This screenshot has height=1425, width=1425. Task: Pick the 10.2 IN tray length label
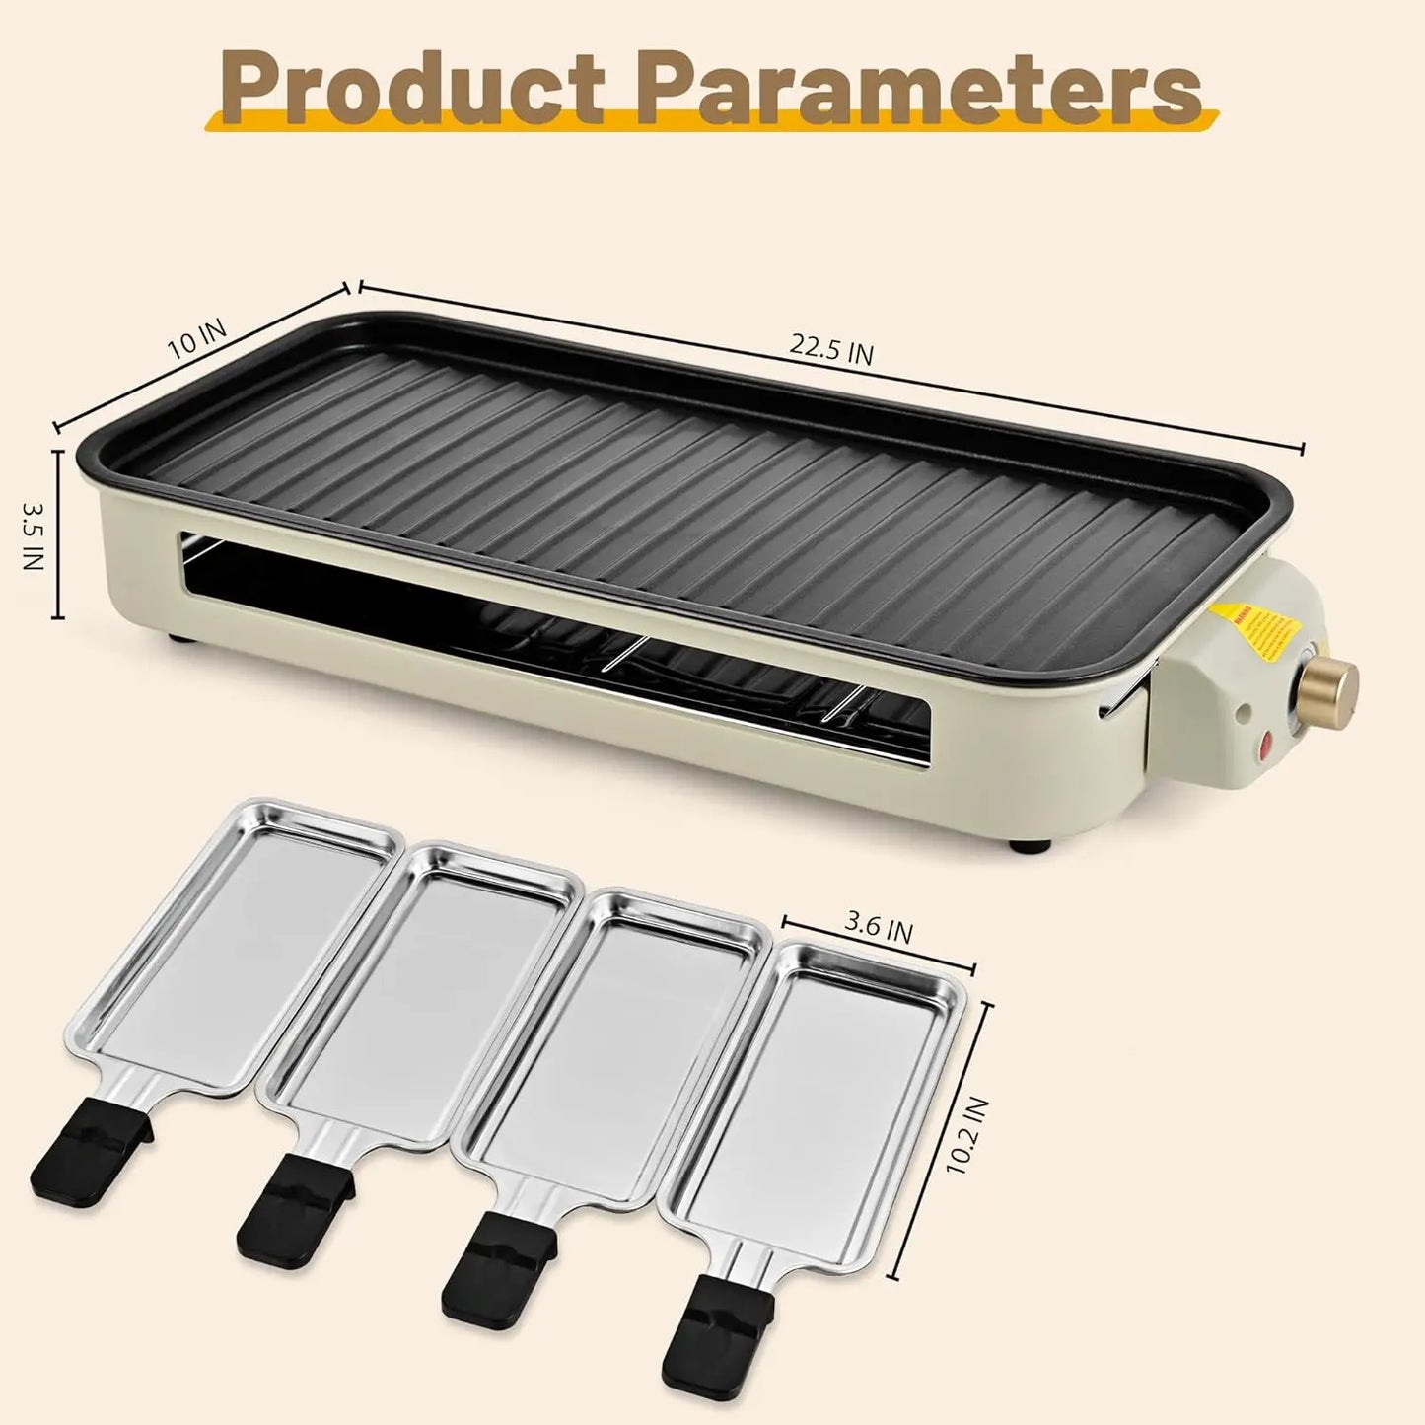[965, 1134]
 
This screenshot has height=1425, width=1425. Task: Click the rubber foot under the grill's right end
[1031, 845]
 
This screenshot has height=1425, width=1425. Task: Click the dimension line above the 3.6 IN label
[878, 945]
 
